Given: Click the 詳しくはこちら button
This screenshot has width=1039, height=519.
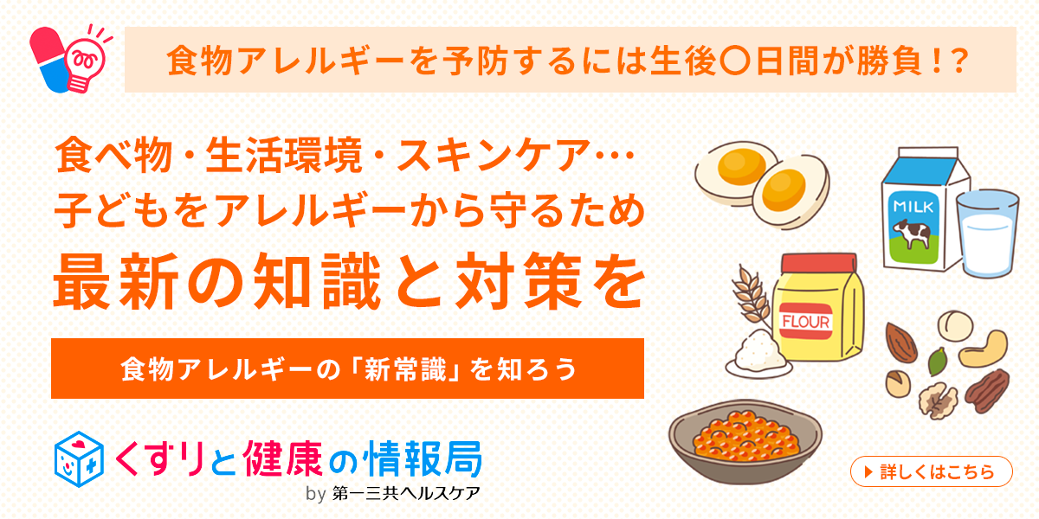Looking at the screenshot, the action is coord(931,471).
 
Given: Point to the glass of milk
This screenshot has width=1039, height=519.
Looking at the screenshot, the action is coord(988,234).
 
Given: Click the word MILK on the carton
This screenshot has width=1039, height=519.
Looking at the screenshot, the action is coord(913,206).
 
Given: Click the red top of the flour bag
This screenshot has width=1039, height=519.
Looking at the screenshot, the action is coord(819,263).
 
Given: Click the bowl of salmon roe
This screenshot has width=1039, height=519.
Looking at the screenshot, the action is coord(745,442).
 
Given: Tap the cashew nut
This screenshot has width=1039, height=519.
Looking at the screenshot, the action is coord(984,349).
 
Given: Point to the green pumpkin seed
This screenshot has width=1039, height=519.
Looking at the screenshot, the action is coord(937,362).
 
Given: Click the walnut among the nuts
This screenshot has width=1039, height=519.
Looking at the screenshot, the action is coord(938,400).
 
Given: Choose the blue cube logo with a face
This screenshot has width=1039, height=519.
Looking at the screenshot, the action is coord(79,459).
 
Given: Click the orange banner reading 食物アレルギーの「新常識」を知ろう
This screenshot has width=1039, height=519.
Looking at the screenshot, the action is coord(347,368).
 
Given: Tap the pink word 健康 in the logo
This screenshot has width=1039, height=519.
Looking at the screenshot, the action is coord(282,458).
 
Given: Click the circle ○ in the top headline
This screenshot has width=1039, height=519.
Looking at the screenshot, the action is coord(735,61).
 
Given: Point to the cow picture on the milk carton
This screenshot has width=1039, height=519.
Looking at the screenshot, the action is coord(912,234).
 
